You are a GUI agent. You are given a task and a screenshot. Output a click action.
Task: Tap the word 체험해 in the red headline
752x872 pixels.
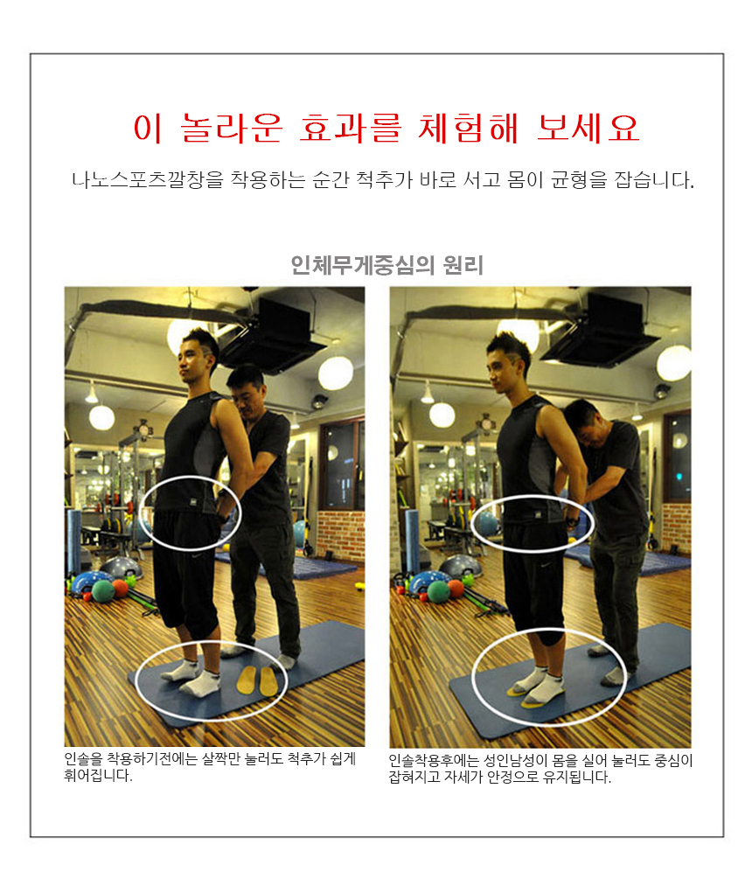(x=468, y=129)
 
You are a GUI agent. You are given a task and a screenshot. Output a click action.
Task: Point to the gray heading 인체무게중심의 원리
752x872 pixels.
(x=386, y=265)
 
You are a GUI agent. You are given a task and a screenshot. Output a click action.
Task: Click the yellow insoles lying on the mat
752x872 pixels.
(x=257, y=681)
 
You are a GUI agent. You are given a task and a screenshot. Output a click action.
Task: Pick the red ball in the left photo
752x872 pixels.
(x=121, y=589)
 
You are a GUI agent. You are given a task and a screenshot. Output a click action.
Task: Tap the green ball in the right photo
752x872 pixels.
(x=438, y=592)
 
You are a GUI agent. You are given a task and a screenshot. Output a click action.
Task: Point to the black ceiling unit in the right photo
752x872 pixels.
(x=599, y=331)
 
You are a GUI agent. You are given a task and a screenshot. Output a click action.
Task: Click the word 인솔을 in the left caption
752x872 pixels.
(x=83, y=758)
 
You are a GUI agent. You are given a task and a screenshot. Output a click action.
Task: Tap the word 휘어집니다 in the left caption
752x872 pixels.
(x=99, y=775)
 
